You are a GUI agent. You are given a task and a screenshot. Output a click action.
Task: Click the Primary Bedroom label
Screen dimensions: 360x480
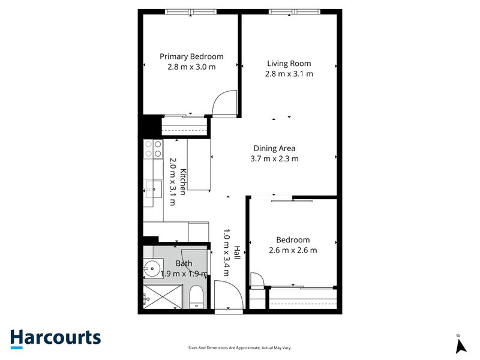[x=191, y=56]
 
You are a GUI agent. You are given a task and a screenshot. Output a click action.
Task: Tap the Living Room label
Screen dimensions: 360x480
[x=289, y=63]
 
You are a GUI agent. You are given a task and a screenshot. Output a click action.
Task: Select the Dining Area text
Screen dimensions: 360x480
[x=274, y=148]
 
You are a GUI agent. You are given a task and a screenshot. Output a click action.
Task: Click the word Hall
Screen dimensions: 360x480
[x=237, y=253]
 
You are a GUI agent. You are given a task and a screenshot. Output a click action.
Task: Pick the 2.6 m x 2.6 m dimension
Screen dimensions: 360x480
[x=293, y=250]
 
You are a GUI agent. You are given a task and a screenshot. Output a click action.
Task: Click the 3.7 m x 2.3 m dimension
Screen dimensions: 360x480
[x=274, y=159]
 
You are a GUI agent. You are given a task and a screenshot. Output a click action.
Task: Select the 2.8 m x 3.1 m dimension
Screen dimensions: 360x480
[x=289, y=74]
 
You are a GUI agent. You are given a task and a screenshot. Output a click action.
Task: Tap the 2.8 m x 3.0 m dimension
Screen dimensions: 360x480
[x=191, y=67]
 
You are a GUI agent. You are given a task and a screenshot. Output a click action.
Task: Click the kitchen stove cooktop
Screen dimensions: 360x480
[x=153, y=149]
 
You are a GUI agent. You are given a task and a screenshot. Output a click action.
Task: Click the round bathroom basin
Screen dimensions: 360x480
[x=153, y=269]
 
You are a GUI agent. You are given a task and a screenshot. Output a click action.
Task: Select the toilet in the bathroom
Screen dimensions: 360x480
[x=196, y=298]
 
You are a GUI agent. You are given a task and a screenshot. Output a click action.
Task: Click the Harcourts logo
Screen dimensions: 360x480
[x=55, y=338]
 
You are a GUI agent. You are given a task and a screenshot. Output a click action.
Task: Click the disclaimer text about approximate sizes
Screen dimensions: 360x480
[x=240, y=348]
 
